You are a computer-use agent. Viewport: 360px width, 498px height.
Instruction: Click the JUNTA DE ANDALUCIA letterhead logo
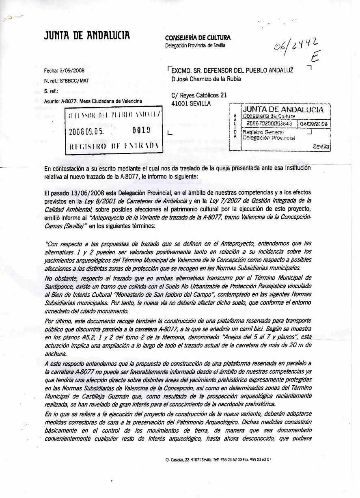click(x=87, y=36)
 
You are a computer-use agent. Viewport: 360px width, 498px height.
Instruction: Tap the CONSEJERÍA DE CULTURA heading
click(x=198, y=38)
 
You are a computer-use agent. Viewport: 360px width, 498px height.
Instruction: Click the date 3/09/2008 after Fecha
click(x=72, y=71)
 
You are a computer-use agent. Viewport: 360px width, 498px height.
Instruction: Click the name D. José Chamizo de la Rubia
click(x=206, y=79)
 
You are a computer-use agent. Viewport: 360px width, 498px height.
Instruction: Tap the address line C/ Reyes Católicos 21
click(x=199, y=95)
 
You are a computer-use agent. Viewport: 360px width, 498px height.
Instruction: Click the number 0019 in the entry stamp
click(x=141, y=131)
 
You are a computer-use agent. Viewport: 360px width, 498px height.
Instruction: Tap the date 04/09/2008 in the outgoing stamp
click(x=314, y=123)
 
